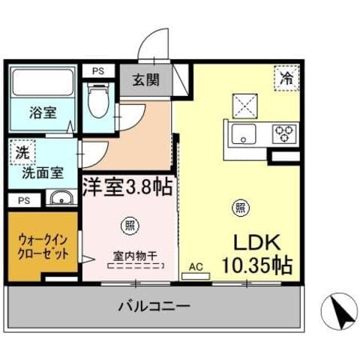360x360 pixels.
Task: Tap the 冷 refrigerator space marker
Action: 286,77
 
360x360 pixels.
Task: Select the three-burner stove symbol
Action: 283,134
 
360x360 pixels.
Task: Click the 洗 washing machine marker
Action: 22,151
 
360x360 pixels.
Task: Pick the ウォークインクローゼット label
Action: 43,247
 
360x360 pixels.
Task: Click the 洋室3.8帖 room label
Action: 127,186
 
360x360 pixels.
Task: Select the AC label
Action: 196,265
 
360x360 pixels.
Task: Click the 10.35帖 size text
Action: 256,265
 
